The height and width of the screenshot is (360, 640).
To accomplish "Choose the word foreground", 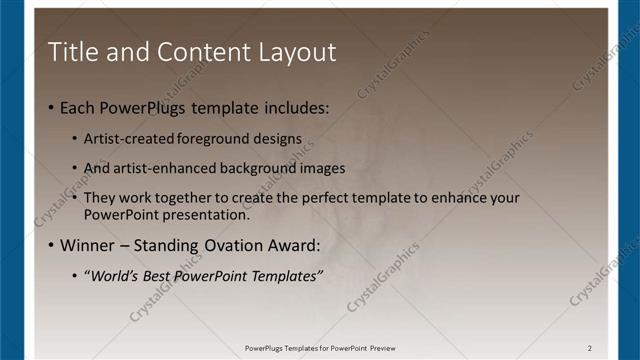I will click(x=214, y=138).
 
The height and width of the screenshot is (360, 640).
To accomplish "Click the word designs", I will click(x=277, y=138).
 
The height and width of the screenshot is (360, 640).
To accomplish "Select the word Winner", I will click(x=88, y=246).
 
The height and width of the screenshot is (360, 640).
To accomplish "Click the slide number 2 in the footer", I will click(x=590, y=348).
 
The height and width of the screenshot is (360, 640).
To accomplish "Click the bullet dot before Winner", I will click(x=51, y=246).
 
